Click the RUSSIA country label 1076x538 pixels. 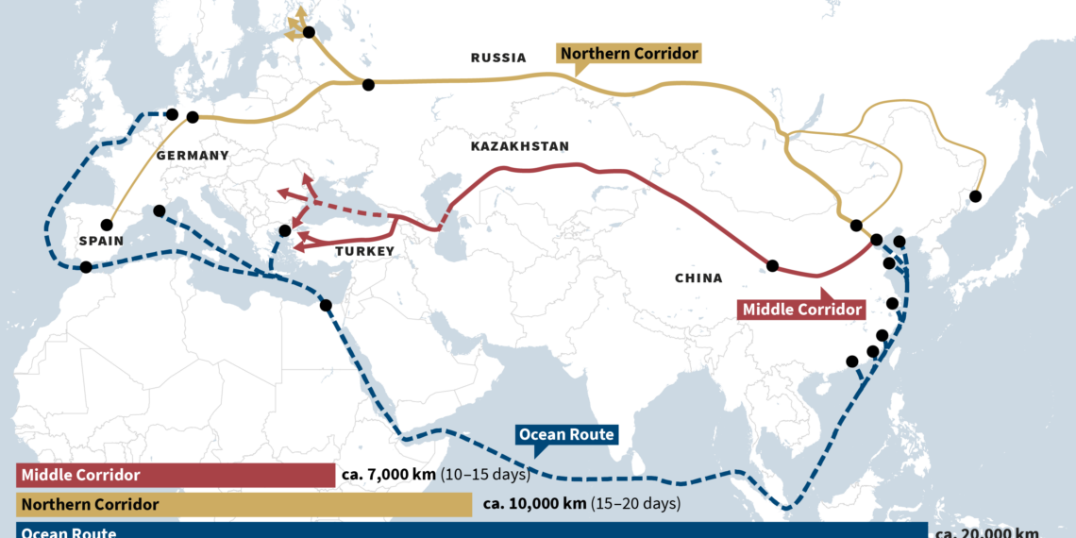click(x=498, y=59)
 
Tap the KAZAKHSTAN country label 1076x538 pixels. click(x=519, y=146)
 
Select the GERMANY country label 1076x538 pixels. click(x=193, y=155)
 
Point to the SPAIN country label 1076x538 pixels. click(x=102, y=242)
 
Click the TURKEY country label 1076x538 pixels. click(x=364, y=252)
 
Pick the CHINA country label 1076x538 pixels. click(x=698, y=278)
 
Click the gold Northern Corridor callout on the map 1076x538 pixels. click(x=630, y=54)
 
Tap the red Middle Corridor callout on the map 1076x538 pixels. click(x=802, y=310)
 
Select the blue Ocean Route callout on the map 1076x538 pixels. click(x=566, y=435)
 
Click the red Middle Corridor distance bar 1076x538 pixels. click(x=176, y=476)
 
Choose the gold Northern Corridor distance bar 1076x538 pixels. click(x=244, y=504)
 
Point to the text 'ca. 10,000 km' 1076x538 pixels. click(x=534, y=504)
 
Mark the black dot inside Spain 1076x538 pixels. click(x=107, y=226)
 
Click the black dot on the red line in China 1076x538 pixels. click(x=772, y=266)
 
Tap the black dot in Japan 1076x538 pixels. click(x=975, y=196)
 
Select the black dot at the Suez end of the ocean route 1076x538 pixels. click(x=326, y=306)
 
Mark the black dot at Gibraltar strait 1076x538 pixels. click(x=86, y=267)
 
